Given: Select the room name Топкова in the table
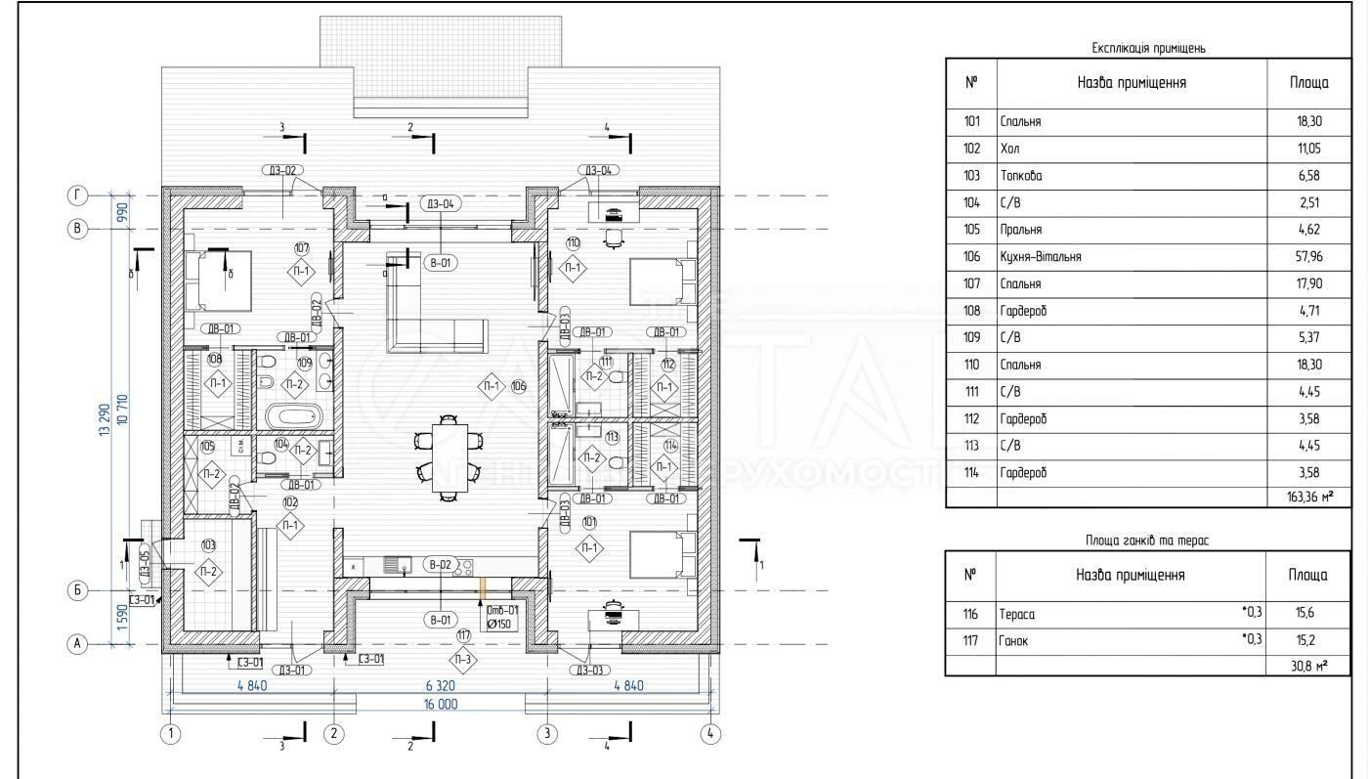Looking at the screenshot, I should coord(1021,176).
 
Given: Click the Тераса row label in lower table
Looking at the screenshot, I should coord(1017,614).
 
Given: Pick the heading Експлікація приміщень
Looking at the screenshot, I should coord(1152,47).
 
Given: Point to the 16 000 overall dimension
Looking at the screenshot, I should coord(441,704).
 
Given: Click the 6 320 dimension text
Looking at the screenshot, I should coord(440,686).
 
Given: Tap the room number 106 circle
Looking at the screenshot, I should coord(518,386).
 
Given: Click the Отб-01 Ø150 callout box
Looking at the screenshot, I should coord(501,619).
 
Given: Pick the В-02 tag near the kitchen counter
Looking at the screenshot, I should coord(440,565).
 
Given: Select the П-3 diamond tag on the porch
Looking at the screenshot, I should coord(465,660).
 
